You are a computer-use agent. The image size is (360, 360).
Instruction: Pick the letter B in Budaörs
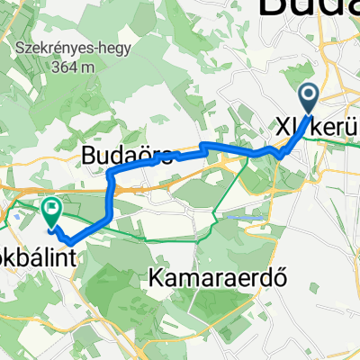click(89, 156)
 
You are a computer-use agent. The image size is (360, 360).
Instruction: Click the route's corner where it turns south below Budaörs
click(110, 174)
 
